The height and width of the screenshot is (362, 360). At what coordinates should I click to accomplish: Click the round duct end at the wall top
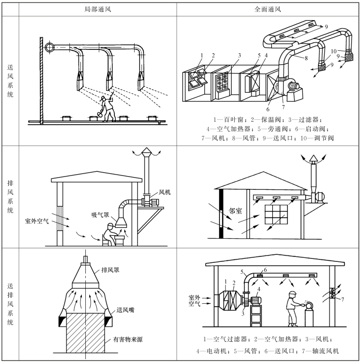(49, 47)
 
